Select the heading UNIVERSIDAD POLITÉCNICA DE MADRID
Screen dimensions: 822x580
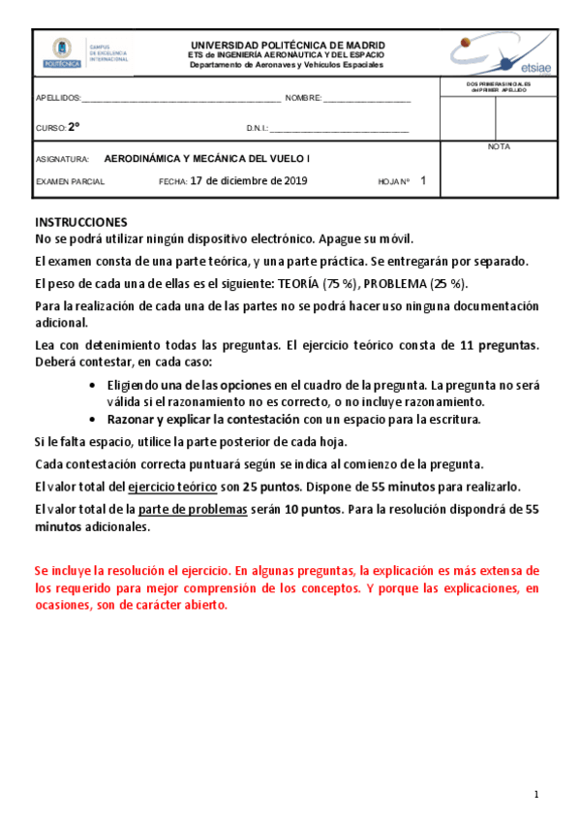click(288, 45)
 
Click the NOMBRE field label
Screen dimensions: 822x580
click(302, 99)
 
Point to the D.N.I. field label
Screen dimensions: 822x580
click(258, 128)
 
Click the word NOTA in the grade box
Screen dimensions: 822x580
click(500, 147)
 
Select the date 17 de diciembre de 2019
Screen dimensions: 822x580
click(249, 180)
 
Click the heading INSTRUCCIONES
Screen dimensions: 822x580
click(81, 222)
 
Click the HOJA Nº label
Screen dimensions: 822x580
click(394, 181)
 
